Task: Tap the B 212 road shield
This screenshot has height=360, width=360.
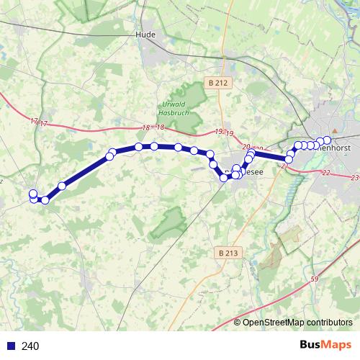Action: (218, 83)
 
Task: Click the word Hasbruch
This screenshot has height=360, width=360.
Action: (173, 112)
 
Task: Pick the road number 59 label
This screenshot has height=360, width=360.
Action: (315, 279)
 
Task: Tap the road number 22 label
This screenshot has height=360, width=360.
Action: (326, 173)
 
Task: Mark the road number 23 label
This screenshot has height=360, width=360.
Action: (354, 177)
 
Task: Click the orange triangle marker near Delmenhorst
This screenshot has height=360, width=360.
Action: (312, 131)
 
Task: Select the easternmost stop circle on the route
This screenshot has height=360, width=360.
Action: (327, 140)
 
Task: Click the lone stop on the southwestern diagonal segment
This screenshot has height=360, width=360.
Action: (62, 186)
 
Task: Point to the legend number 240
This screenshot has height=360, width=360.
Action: (30, 346)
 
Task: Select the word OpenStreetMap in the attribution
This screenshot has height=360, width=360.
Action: (275, 323)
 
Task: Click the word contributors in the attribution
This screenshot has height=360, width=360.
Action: (330, 323)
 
